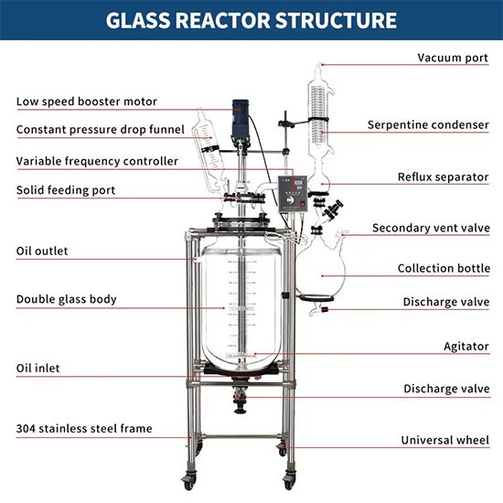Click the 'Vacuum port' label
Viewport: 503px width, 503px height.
453,58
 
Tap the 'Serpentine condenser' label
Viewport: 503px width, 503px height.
428,124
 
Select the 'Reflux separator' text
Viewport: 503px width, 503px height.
443,177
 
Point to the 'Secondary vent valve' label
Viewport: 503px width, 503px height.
431,228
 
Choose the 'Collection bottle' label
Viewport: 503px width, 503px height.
444,268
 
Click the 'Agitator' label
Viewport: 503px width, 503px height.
466,347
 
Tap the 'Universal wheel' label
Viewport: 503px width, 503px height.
445,440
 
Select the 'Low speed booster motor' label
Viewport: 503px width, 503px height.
87,102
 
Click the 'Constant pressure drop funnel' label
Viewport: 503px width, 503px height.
101,130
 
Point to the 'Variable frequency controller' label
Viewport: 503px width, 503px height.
97,161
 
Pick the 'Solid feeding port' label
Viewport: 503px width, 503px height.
66,190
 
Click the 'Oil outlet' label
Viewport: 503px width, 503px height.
42,251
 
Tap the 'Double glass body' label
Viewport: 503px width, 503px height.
67,299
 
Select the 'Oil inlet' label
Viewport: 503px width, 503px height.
37,368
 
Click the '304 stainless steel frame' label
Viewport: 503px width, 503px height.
84,429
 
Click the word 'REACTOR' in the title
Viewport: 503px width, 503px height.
223,20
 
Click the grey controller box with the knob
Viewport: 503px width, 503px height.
293,194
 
